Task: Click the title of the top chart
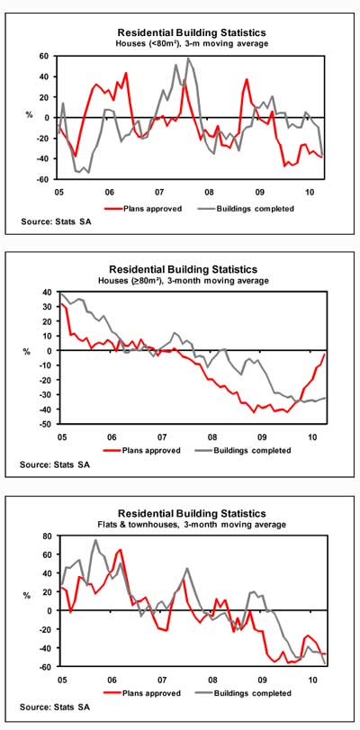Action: [x=192, y=32]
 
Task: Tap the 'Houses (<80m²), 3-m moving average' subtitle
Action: [x=192, y=44]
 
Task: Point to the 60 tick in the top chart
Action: [x=44, y=56]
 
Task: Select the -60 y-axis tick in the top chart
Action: [x=43, y=179]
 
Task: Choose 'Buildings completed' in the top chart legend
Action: [x=256, y=209]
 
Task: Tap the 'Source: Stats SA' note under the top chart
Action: [x=56, y=221]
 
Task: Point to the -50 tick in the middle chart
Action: [x=46, y=424]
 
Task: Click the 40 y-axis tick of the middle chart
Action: [x=48, y=292]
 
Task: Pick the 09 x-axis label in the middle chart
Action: [x=262, y=437]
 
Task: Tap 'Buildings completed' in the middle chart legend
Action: [x=252, y=450]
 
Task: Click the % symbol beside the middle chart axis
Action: [x=26, y=353]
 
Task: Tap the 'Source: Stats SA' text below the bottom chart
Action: [x=55, y=707]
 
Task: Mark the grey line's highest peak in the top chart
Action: [x=188, y=59]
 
